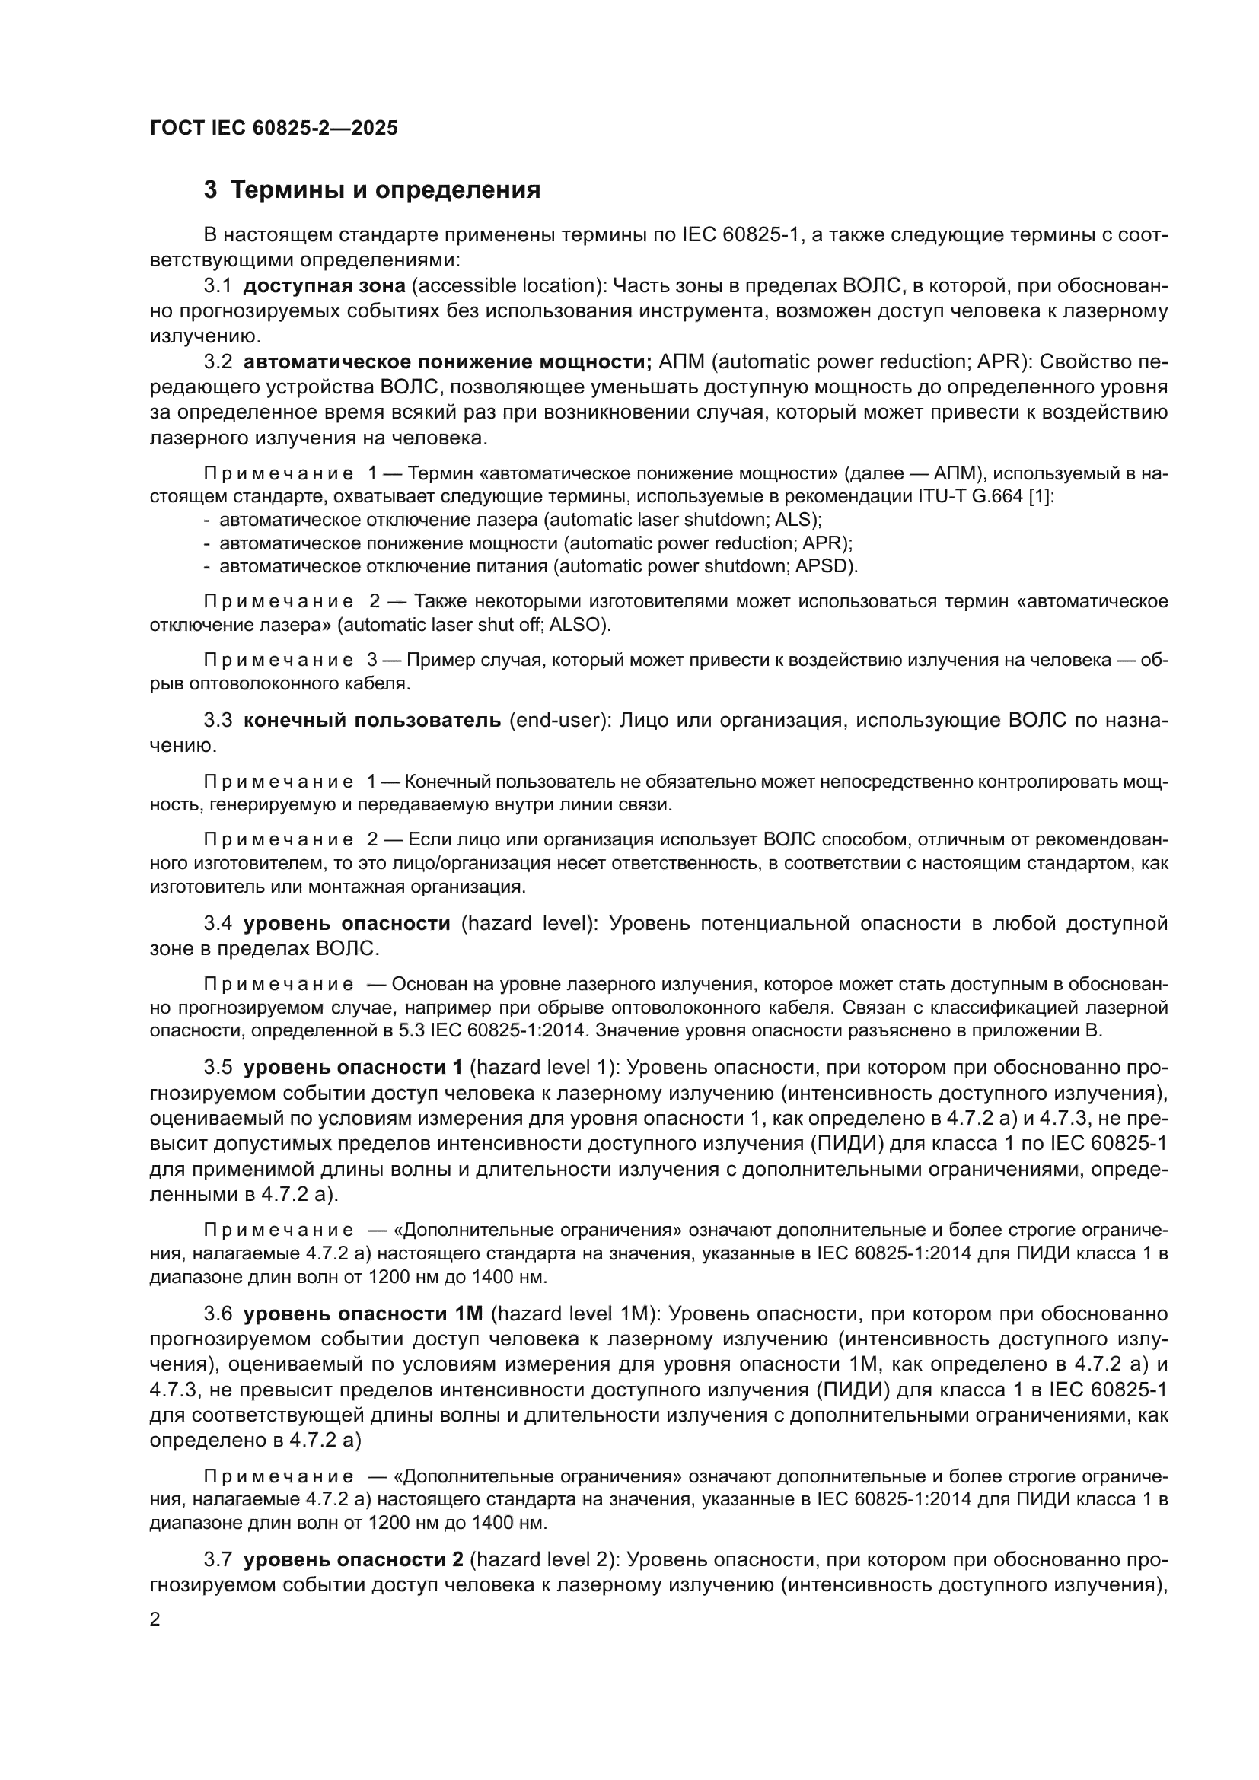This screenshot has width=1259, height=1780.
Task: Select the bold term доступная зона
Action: point(324,286)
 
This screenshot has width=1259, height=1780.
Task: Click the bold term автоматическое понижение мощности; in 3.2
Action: point(448,362)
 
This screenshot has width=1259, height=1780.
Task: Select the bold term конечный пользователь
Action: point(372,720)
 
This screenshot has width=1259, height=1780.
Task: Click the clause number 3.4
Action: point(218,923)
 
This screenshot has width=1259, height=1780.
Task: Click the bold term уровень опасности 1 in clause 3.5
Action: point(353,1068)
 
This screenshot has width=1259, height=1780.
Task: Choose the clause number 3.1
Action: point(218,286)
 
